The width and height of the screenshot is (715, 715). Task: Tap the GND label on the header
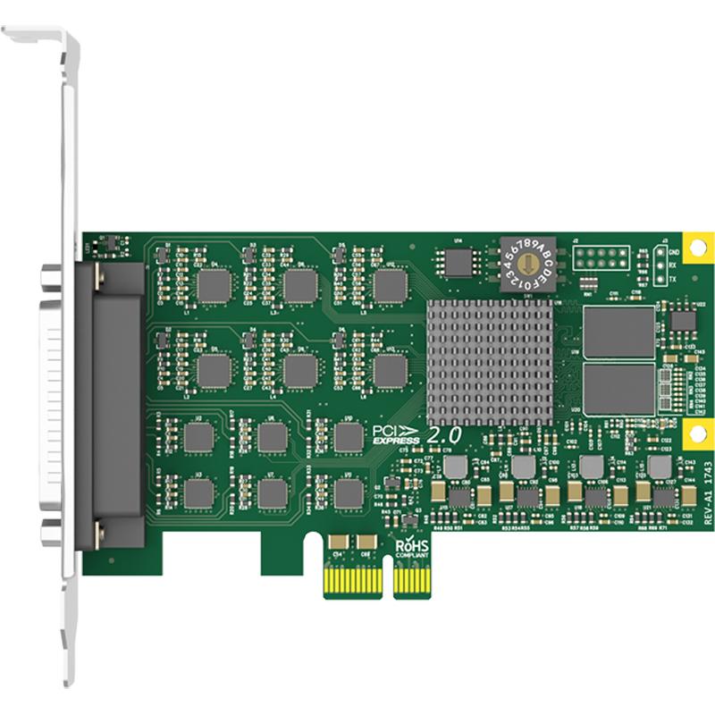675,253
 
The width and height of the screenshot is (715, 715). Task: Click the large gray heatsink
488,361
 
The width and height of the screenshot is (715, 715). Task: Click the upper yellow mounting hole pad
694,244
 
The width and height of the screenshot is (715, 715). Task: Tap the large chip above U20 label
618,331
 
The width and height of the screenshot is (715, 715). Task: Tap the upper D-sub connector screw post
51,279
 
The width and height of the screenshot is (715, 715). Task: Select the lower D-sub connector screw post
51,527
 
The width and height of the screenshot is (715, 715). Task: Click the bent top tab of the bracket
36,36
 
